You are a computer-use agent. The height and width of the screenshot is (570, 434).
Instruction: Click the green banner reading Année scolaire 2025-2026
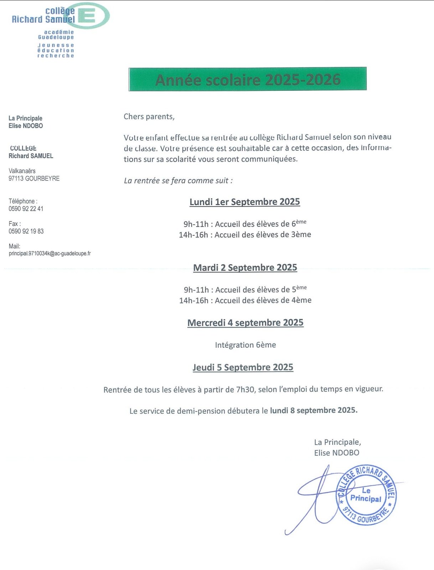tap(248, 79)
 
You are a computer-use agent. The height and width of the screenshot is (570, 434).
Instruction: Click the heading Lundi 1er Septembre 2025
tap(244, 202)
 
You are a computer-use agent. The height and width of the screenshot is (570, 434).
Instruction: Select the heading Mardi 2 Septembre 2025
tap(245, 268)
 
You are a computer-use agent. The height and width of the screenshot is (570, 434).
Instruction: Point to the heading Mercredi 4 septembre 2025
tap(245, 323)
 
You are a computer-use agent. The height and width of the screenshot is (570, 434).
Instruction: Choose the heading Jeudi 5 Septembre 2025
tap(243, 367)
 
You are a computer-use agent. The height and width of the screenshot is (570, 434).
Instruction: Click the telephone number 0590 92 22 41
tap(26, 209)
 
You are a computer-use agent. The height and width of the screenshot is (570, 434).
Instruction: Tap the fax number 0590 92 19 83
tap(26, 231)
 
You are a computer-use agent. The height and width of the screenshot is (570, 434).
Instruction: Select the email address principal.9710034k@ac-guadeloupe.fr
tap(50, 253)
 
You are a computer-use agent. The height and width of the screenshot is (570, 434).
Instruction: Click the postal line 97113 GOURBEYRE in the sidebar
tap(34, 178)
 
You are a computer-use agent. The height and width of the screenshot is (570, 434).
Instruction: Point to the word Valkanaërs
tap(22, 171)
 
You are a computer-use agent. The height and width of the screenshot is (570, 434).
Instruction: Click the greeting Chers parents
tap(149, 117)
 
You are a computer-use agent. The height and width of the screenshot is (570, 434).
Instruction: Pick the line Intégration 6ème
tap(245, 345)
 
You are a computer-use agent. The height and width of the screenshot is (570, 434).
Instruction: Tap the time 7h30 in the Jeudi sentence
tap(246, 389)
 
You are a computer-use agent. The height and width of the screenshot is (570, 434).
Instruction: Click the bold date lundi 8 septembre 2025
tap(314, 410)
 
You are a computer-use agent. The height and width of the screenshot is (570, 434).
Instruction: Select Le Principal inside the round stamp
tap(366, 495)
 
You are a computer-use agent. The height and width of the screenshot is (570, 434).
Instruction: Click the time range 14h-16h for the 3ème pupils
tap(193, 235)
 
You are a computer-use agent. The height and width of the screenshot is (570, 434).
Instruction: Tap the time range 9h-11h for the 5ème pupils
tap(196, 290)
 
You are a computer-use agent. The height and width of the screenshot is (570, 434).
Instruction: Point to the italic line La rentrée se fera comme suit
tap(178, 181)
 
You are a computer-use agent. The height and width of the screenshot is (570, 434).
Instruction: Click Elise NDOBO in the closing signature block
tap(336, 453)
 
